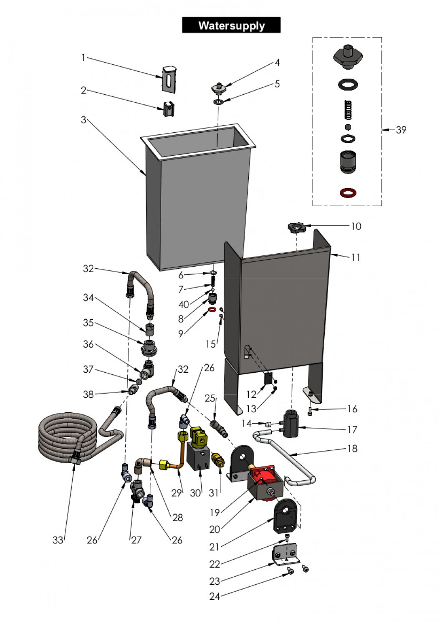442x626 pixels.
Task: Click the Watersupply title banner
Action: [x=231, y=25]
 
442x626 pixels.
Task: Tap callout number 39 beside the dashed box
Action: [x=401, y=130]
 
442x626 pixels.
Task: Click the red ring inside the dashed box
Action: [x=348, y=192]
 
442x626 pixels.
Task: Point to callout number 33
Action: [x=58, y=540]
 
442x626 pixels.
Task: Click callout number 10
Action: [x=356, y=226]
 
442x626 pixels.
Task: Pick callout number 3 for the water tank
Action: [x=83, y=120]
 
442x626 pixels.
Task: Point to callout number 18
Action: [x=353, y=448]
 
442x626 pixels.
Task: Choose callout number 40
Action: [x=184, y=305]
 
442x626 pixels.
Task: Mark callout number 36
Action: [x=88, y=344]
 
